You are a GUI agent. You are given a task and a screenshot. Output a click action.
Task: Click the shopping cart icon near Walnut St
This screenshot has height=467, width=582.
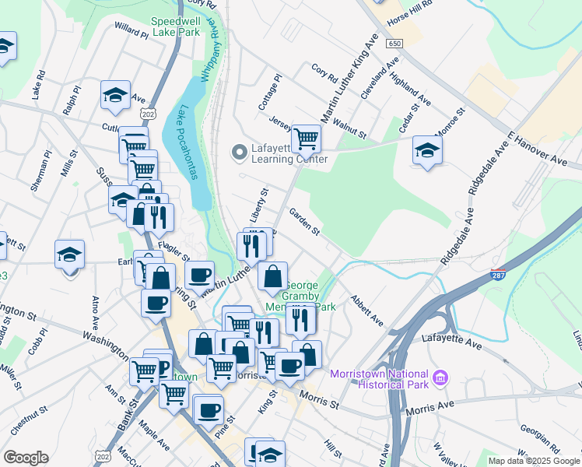click(307, 139)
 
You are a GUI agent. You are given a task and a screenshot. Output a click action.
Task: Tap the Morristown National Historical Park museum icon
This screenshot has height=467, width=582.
click(441, 378)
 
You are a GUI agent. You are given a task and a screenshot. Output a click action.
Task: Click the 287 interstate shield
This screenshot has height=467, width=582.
click(498, 275)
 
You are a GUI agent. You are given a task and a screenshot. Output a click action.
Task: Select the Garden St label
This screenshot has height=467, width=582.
click(304, 221)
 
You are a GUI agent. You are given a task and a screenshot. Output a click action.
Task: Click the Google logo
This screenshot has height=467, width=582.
click(26, 458)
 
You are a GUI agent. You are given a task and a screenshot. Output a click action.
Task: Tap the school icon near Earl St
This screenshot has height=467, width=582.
click(69, 255)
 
